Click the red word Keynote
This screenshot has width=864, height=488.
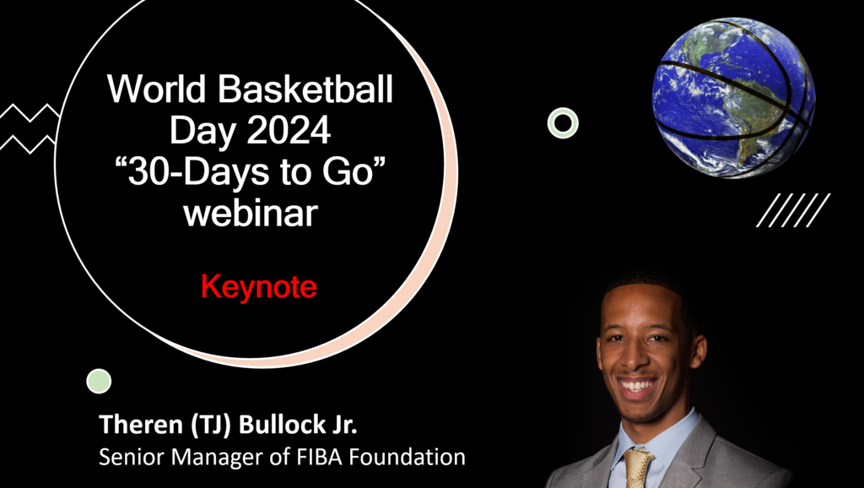pos(258,287)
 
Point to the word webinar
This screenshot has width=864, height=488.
pos(251,214)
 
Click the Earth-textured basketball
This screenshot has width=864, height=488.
pos(733,98)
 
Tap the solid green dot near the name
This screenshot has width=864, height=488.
pos(100,381)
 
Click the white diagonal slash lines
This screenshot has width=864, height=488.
pos(793,210)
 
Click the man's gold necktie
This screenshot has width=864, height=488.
pos(638,468)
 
